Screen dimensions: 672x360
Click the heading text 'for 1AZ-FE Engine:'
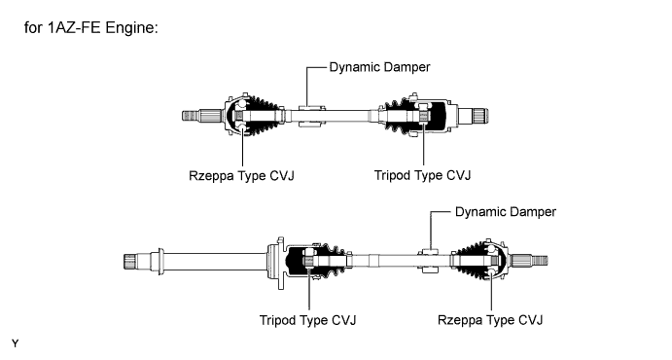click(91, 28)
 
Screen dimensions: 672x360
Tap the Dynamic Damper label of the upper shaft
click(379, 67)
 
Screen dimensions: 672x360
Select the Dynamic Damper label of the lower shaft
click(506, 212)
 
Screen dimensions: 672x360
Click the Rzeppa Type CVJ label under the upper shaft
click(241, 176)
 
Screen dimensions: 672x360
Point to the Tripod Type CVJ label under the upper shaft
click(423, 175)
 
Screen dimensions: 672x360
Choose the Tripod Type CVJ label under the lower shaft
click(307, 320)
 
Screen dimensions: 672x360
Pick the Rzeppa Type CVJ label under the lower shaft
click(490, 320)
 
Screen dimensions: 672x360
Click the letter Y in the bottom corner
click(16, 343)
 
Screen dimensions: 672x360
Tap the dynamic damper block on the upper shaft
click(311, 116)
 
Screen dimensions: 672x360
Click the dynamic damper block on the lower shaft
click(430, 261)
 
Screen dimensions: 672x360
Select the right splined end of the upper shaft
click(480, 116)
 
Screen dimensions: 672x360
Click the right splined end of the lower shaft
click(540, 260)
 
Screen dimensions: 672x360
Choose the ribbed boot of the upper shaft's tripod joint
click(395, 116)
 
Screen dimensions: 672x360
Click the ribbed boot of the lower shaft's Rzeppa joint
click(467, 260)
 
